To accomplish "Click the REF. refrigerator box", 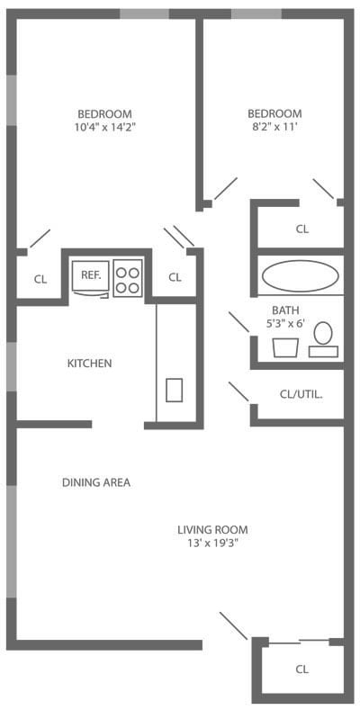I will [x=91, y=275].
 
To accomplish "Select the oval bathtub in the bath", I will [x=300, y=275].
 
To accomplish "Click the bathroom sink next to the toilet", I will [x=285, y=346].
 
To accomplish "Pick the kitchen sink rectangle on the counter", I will [x=175, y=390].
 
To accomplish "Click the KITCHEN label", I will [x=90, y=364].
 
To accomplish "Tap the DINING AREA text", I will [x=96, y=482].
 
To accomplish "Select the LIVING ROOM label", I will [x=212, y=529].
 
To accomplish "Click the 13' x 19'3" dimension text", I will [x=212, y=543].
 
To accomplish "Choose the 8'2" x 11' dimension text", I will [x=274, y=127].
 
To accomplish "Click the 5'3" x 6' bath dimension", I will [x=285, y=323].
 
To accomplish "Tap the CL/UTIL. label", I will [x=301, y=394].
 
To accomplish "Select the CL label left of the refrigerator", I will [x=40, y=279].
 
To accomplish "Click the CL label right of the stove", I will [x=175, y=277].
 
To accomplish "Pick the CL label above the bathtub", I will [x=302, y=229].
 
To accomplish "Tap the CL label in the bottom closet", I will [x=302, y=670].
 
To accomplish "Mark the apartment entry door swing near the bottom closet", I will [x=233, y=626].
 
